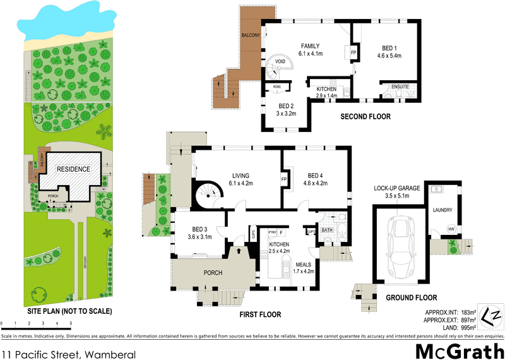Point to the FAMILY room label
310,46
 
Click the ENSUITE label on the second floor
400,87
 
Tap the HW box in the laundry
450,229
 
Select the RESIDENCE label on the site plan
73,169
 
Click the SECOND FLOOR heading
365,117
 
